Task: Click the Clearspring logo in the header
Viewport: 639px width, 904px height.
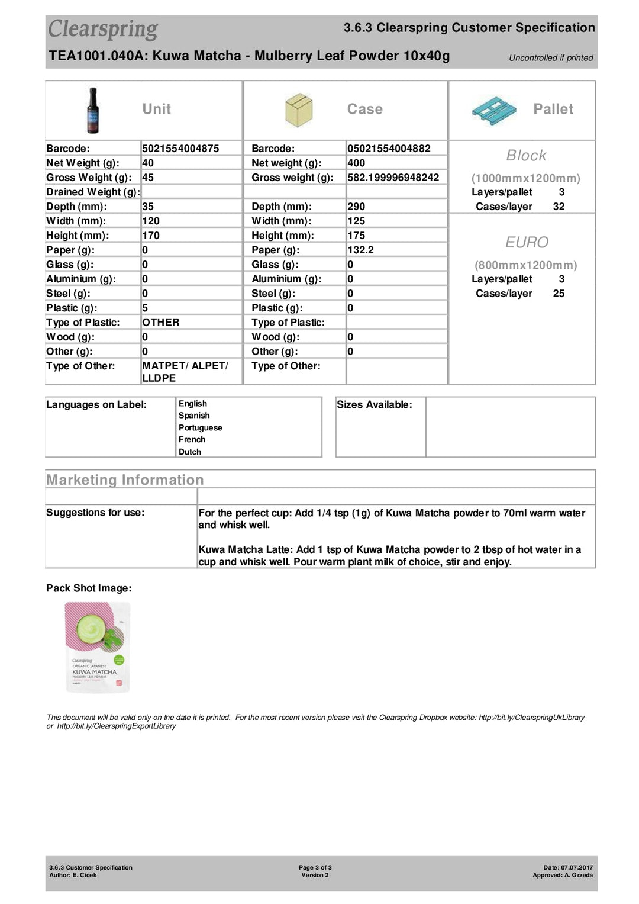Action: [103, 30]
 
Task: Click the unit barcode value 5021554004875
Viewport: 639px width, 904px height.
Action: [180, 149]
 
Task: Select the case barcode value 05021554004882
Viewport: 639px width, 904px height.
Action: [389, 149]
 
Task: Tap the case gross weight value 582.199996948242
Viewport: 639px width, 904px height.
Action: [393, 178]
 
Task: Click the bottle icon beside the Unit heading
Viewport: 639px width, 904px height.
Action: [93, 110]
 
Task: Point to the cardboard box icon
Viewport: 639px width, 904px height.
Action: [298, 110]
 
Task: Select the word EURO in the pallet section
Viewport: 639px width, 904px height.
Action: [527, 242]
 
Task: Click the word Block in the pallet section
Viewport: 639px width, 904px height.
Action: [526, 156]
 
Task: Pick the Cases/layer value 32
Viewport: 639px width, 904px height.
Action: [559, 207]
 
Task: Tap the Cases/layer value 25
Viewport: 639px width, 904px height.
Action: [559, 294]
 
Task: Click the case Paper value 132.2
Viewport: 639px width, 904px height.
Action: [360, 250]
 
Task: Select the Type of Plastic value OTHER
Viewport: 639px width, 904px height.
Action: [161, 323]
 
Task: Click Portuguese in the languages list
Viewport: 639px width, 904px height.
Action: [201, 428]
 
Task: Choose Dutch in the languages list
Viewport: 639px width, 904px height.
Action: [190, 452]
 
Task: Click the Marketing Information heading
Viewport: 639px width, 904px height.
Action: [125, 480]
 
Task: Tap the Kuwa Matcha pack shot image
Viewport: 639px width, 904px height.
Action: [97, 647]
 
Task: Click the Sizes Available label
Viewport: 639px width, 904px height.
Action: [375, 405]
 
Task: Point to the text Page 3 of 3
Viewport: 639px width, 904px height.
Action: [315, 867]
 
